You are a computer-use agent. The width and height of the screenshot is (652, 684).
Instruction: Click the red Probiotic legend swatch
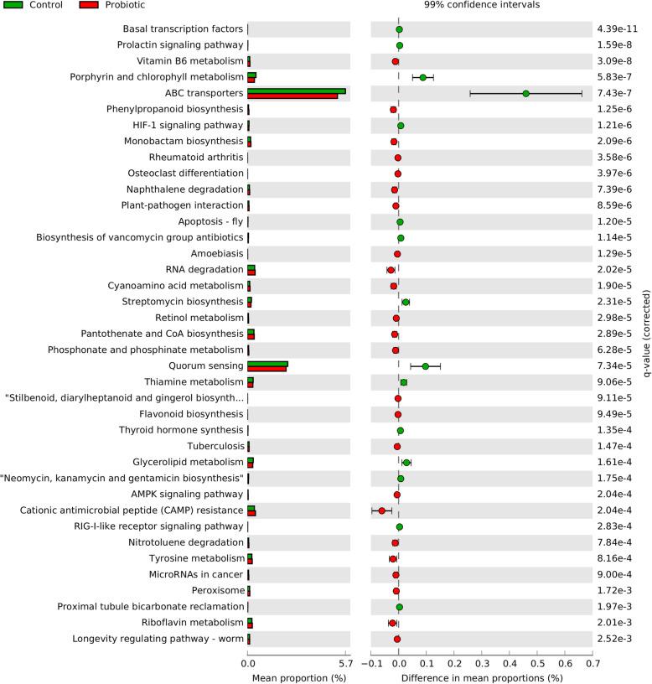[x=89, y=5]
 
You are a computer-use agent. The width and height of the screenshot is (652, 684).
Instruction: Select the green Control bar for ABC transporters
[x=297, y=91]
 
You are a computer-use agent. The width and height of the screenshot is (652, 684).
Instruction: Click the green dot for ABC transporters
[x=526, y=94]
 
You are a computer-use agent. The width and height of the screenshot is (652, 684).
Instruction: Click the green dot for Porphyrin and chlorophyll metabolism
[x=423, y=78]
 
